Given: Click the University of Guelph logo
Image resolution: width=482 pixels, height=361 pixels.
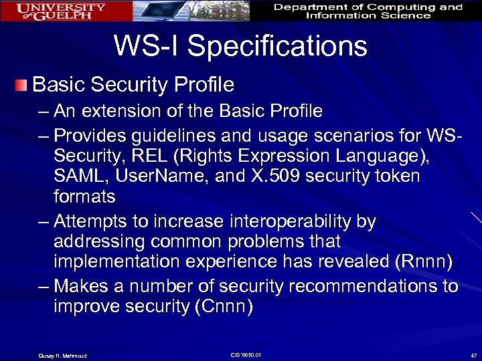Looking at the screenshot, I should (x=61, y=11).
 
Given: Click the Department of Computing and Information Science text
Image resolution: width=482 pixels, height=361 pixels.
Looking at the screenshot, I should (x=368, y=11).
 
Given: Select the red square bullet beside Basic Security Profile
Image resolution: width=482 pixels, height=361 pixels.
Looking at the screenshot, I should (x=23, y=85).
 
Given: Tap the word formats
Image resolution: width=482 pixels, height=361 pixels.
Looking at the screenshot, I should (x=84, y=197).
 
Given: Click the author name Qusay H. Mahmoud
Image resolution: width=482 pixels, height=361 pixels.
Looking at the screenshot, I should (x=62, y=355).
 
